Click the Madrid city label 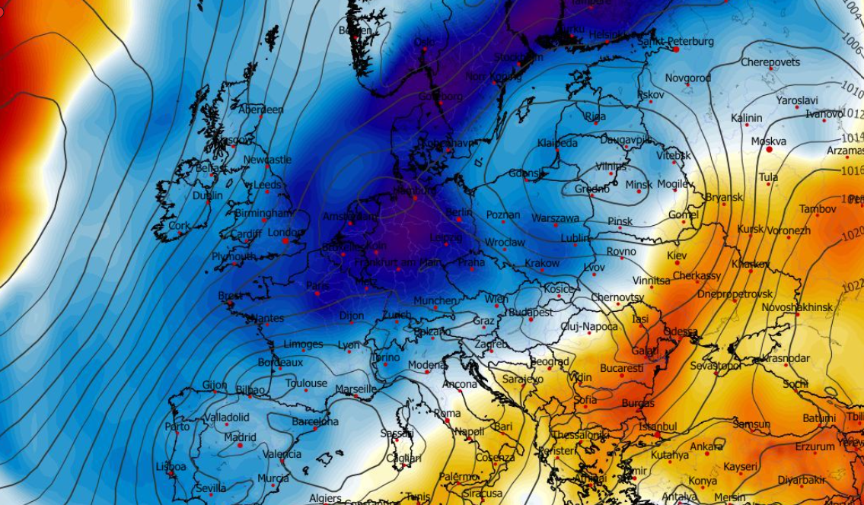pos(240,437)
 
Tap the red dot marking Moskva pos(770,150)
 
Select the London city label pos(286,232)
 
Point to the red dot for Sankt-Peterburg pos(675,49)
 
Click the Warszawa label pos(555,218)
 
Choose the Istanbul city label pos(658,427)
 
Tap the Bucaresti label pos(621,368)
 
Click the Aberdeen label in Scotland pos(260,110)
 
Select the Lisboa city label pos(170,466)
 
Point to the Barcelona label pos(315,421)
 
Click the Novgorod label pos(687,78)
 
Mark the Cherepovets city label pos(770,62)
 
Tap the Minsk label pos(638,185)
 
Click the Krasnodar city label pos(786,357)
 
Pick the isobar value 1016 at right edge pos(853,172)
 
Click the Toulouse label pos(306,383)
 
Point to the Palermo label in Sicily pos(458,476)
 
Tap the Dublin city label pos(208,195)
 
